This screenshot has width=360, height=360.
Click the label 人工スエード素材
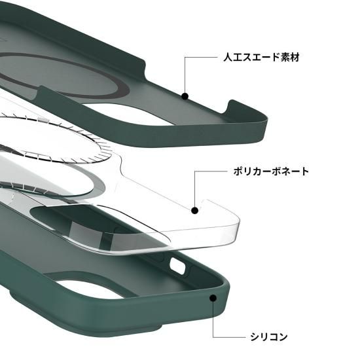(x=261, y=57)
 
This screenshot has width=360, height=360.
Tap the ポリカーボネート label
(x=271, y=171)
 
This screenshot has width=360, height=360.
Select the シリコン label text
(x=269, y=337)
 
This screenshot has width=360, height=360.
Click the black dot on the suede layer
(x=185, y=96)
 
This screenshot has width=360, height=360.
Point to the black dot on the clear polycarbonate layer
(x=194, y=210)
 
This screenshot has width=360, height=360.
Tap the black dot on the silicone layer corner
(x=213, y=298)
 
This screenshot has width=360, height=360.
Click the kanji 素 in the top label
(x=285, y=57)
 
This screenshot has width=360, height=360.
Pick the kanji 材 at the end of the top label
(x=295, y=57)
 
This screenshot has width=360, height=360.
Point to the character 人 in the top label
(x=228, y=57)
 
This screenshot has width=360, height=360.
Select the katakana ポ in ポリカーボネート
(x=238, y=171)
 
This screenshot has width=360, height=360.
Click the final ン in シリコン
(x=283, y=337)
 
